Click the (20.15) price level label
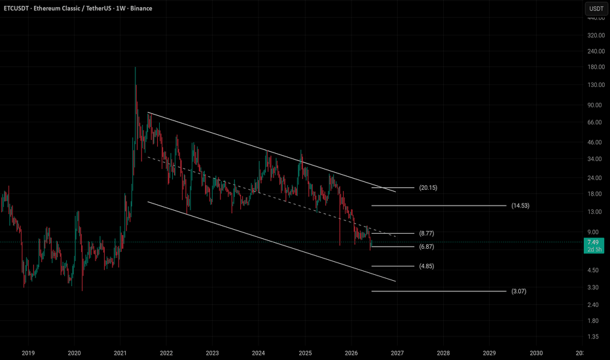(428, 188)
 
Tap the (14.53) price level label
(520, 206)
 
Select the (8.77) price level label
(426, 234)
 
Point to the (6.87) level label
(426, 247)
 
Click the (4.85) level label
(426, 266)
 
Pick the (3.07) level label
(518, 291)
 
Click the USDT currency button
(596, 9)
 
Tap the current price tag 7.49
(593, 242)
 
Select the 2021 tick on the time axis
(120, 353)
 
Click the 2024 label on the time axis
(259, 353)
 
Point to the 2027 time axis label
(397, 353)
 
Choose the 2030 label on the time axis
(536, 353)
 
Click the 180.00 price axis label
(596, 67)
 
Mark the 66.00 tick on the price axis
(594, 122)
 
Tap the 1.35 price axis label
(593, 336)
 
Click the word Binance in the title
(141, 8)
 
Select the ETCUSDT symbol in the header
(16, 8)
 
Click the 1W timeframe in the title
(120, 8)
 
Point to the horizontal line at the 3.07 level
(439, 291)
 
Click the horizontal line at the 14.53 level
(439, 206)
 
